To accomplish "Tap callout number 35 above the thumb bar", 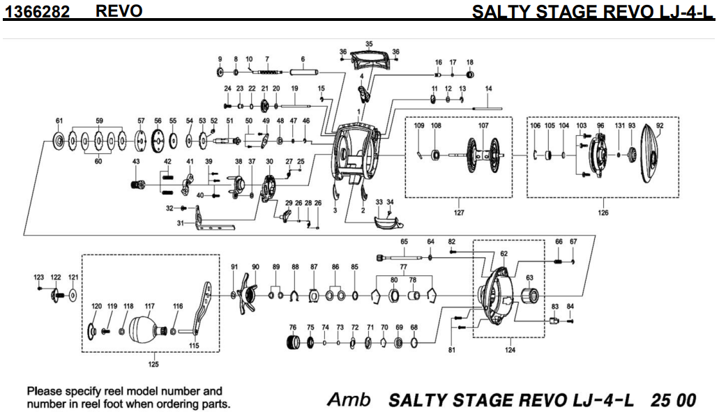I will pyautogui.click(x=369, y=44).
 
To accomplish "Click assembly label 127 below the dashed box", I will pyautogui.click(x=459, y=213).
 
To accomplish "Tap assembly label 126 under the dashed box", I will pyautogui.click(x=603, y=213).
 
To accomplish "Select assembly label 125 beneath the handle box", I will pyautogui.click(x=153, y=363).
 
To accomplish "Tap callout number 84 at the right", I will pyautogui.click(x=570, y=306).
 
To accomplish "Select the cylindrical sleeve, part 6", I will pyautogui.click(x=303, y=72).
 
